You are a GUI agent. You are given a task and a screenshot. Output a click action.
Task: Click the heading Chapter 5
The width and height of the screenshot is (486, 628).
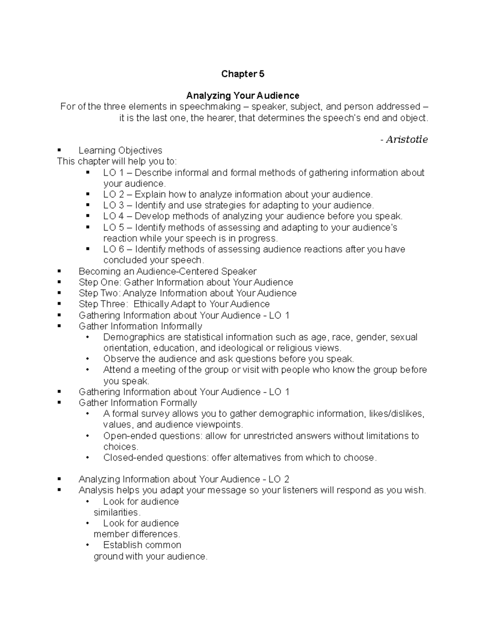point(243,74)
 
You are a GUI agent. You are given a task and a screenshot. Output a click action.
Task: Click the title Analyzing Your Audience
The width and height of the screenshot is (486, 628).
point(243,96)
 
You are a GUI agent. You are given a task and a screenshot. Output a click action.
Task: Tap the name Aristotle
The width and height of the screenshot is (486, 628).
point(406,140)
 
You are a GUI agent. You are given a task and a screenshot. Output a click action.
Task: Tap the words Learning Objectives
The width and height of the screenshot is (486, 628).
point(120,151)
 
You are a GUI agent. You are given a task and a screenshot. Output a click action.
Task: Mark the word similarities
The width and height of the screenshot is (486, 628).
point(117,513)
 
